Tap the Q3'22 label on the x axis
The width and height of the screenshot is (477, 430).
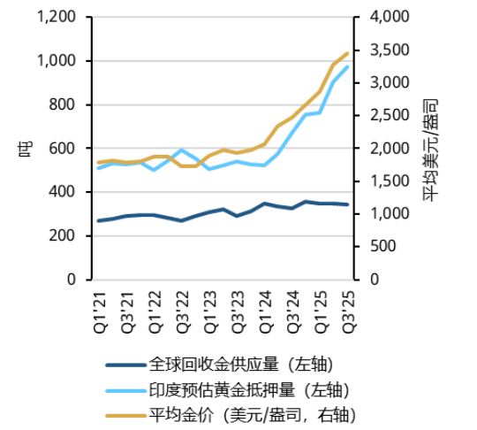(181, 307)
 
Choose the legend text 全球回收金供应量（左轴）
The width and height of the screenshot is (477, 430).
(240, 364)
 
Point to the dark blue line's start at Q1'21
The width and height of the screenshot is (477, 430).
(97, 220)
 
